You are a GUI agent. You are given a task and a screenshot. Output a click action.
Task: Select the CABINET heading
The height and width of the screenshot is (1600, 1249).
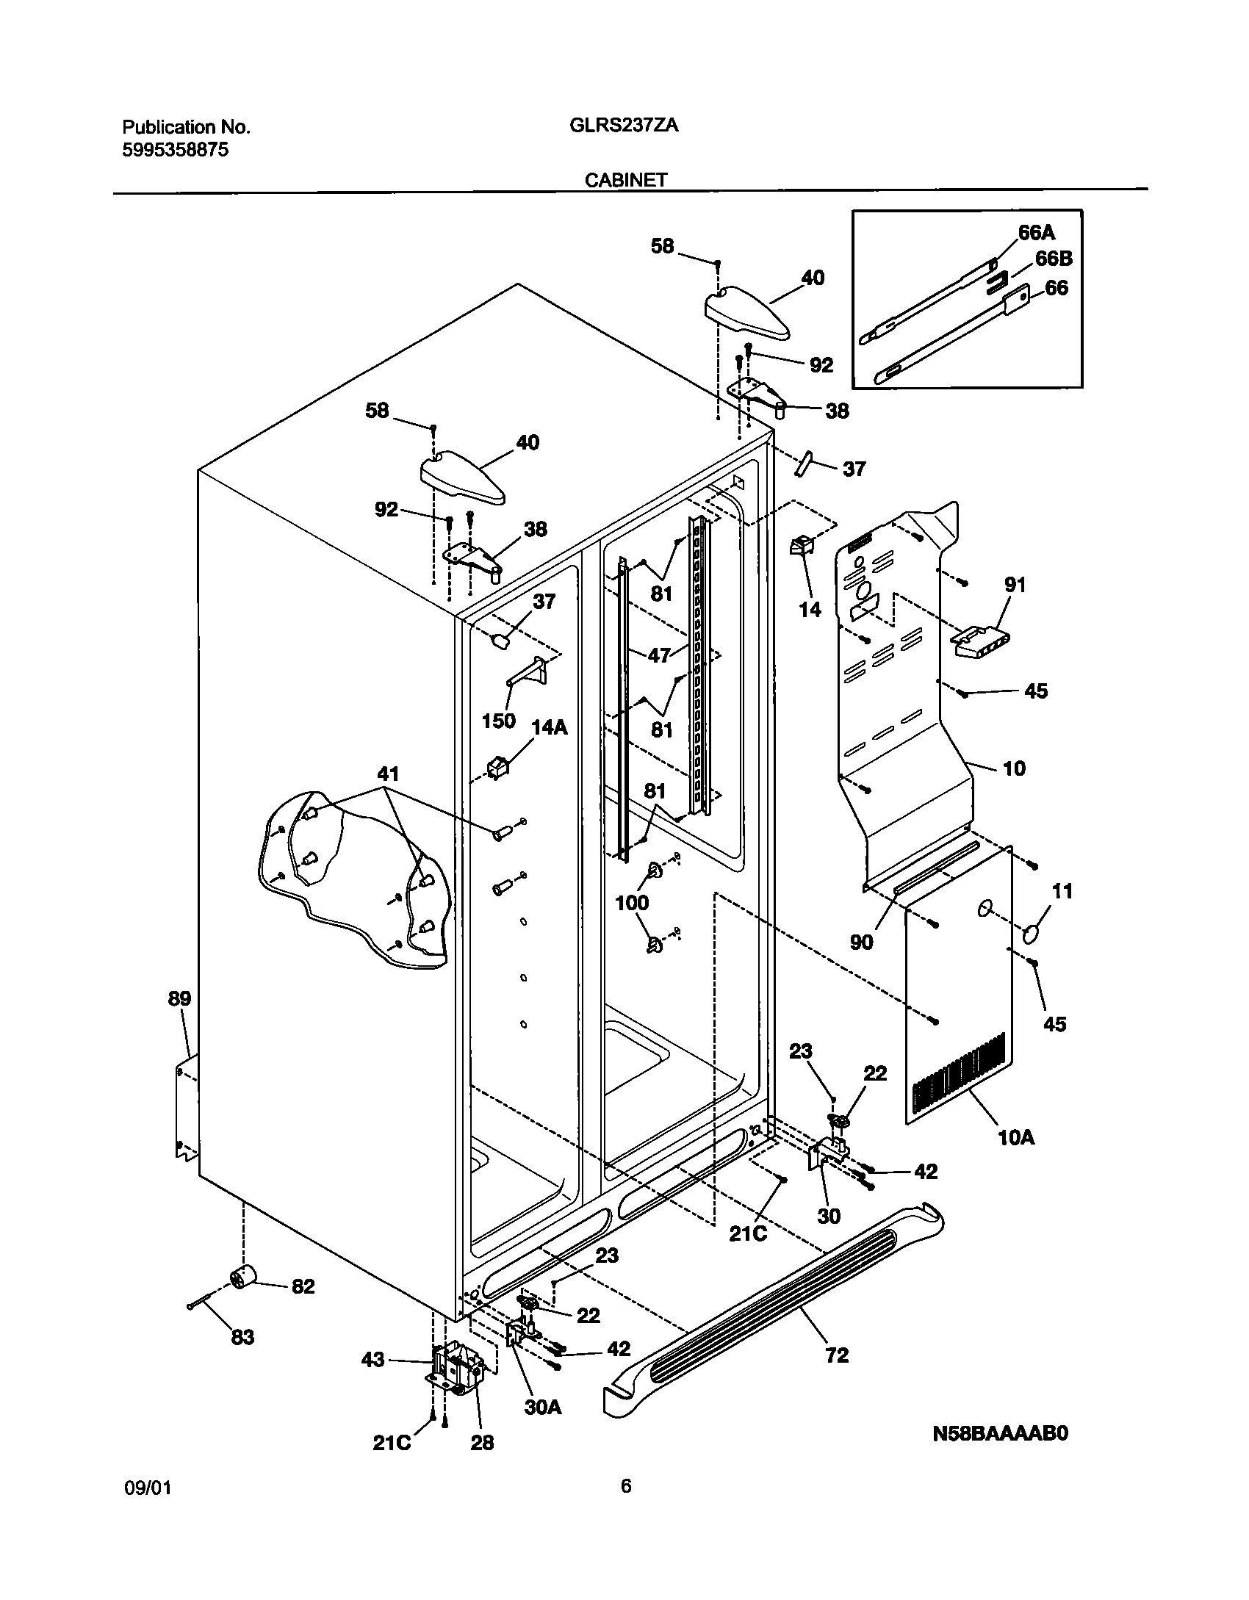[626, 180]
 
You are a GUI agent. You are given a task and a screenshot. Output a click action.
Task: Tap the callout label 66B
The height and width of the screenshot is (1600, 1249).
[1054, 259]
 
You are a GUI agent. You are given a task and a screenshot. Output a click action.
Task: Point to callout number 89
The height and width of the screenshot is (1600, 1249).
[179, 998]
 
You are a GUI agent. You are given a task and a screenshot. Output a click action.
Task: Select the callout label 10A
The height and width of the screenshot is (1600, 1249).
[1016, 1138]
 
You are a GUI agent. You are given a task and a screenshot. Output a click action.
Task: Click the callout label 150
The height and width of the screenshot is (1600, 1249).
[498, 721]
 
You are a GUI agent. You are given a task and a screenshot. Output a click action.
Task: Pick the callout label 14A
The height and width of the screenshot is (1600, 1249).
[550, 727]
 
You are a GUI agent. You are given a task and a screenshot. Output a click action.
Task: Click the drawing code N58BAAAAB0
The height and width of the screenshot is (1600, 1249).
[1000, 1454]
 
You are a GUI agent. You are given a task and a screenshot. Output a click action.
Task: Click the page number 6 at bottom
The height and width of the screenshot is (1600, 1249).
[625, 1486]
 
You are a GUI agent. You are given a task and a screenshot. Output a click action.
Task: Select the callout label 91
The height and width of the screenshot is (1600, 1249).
[1015, 585]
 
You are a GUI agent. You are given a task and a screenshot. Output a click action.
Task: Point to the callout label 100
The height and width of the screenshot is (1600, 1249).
[632, 902]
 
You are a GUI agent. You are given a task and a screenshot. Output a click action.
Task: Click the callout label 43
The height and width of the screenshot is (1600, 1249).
[372, 1360]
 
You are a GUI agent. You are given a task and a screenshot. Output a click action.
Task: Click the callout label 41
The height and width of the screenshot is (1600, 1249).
[387, 774]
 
